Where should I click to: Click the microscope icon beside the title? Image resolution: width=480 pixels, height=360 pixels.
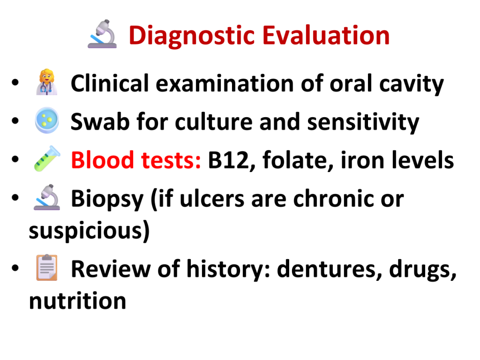click(x=102, y=34)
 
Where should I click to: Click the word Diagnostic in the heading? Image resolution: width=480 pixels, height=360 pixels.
click(x=192, y=36)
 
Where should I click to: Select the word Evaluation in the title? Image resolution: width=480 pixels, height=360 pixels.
click(x=326, y=35)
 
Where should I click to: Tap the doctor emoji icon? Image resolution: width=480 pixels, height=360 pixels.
click(x=47, y=82)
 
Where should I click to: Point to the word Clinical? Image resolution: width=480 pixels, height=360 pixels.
click(x=110, y=83)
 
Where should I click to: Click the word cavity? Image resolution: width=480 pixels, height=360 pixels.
click(x=412, y=84)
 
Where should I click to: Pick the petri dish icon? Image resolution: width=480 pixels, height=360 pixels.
click(x=47, y=120)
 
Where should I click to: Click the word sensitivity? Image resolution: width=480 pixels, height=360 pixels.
click(x=363, y=123)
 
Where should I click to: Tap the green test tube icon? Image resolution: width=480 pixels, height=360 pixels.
click(x=47, y=158)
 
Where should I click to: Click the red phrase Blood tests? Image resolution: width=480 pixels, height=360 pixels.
click(x=136, y=160)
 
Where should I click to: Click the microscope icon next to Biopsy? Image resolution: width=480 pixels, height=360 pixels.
click(x=47, y=197)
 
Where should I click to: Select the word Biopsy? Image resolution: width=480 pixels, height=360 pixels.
click(x=107, y=199)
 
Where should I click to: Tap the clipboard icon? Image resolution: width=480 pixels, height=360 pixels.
click(x=47, y=267)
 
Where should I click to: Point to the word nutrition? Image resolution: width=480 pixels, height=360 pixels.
click(x=77, y=301)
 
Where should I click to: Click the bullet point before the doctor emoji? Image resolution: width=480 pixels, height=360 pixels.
click(x=15, y=82)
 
